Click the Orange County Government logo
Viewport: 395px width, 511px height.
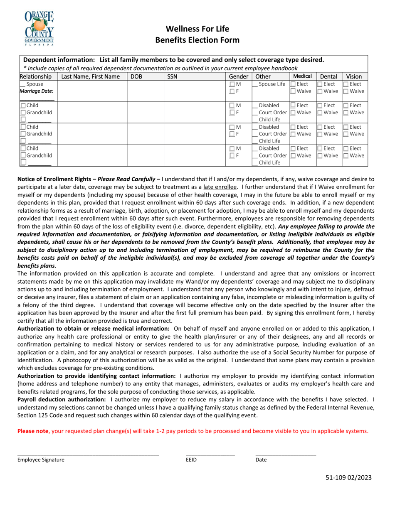click(x=39, y=27)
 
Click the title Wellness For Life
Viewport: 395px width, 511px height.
click(x=197, y=29)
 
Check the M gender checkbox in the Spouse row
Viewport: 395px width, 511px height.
click(x=232, y=84)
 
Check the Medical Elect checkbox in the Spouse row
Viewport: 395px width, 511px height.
click(x=293, y=84)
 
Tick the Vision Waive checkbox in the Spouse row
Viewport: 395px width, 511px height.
click(x=346, y=91)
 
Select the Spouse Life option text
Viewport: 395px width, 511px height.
click(x=272, y=84)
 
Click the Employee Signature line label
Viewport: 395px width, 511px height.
click(x=41, y=459)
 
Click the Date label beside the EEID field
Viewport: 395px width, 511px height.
click(x=261, y=459)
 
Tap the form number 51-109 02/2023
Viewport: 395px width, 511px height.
click(x=348, y=478)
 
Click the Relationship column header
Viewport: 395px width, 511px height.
click(x=36, y=76)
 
